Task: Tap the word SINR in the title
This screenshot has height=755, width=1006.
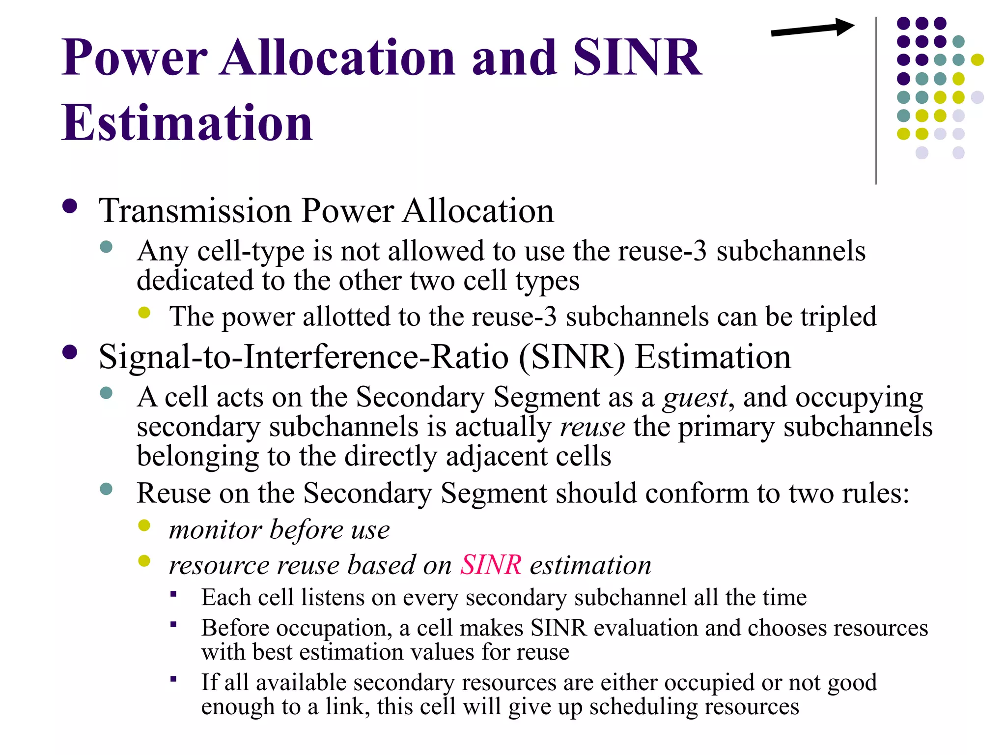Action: point(637,58)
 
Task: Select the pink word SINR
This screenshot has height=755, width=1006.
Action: point(490,564)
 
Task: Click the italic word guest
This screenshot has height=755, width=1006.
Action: point(695,397)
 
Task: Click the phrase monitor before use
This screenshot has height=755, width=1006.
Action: point(279,530)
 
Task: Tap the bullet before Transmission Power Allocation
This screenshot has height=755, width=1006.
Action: point(70,206)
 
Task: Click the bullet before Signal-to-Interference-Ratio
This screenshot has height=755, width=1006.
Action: point(70,352)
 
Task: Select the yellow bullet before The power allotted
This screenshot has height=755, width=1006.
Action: point(144,313)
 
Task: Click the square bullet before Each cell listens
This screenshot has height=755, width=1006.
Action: point(173,594)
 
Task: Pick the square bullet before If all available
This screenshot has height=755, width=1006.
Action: point(173,679)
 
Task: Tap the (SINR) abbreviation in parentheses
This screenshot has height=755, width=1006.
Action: point(572,357)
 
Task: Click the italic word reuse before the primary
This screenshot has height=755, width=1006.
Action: point(592,427)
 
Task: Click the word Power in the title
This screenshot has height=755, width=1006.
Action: point(135,58)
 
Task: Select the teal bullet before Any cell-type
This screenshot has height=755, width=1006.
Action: point(106,247)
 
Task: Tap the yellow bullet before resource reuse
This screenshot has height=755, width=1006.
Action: point(144,561)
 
